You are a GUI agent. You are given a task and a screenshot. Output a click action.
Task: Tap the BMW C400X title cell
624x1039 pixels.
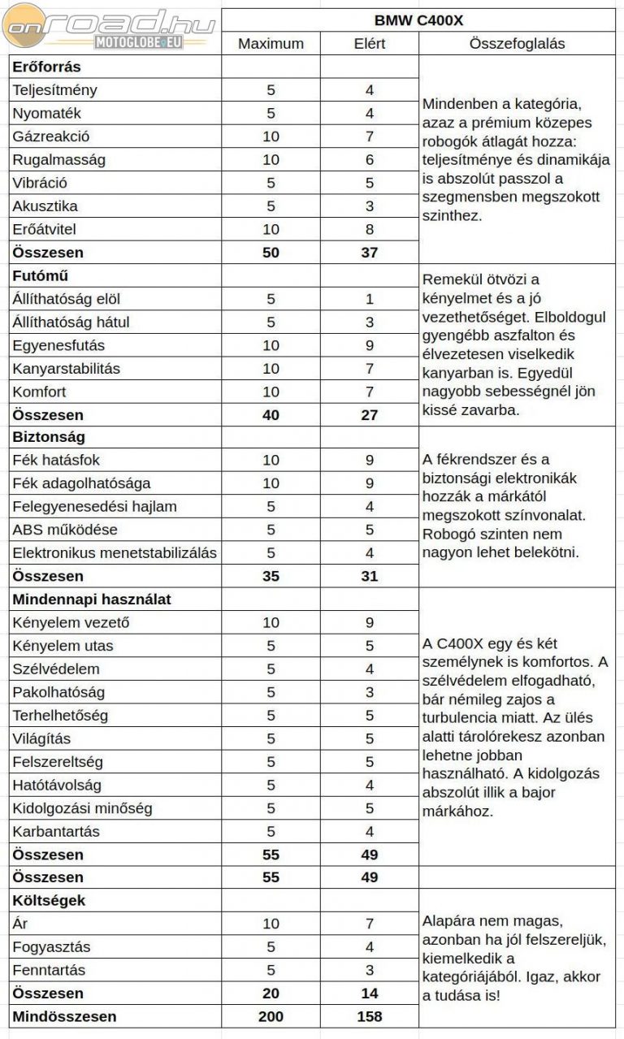[x=418, y=20]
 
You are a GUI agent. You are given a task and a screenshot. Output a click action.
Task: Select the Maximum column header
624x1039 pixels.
[x=271, y=44]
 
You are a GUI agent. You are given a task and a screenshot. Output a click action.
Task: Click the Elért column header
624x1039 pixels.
[x=369, y=44]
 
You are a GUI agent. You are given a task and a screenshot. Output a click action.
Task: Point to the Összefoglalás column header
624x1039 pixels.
[x=517, y=44]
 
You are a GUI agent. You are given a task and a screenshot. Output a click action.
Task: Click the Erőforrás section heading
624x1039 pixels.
[x=47, y=67]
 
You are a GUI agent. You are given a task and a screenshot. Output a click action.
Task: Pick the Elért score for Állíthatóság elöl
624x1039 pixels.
[x=369, y=299]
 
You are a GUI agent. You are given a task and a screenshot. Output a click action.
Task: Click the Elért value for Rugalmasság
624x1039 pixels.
[x=369, y=160]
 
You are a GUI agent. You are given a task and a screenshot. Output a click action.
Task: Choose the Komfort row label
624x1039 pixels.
[x=39, y=392]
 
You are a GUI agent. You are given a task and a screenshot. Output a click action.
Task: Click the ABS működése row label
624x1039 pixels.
[x=65, y=530]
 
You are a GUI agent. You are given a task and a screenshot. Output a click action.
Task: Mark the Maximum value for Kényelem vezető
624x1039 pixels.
[x=271, y=623]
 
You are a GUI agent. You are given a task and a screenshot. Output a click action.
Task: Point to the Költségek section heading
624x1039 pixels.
[x=49, y=900]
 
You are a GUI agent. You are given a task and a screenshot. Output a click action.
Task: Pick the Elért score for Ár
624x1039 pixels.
[x=369, y=924]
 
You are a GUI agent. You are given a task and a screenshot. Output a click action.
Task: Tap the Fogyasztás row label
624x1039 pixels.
[x=51, y=947]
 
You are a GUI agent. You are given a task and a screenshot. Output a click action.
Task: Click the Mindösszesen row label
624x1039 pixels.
[x=64, y=1016]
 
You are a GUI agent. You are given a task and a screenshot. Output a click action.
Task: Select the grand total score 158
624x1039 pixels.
[x=369, y=1016]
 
